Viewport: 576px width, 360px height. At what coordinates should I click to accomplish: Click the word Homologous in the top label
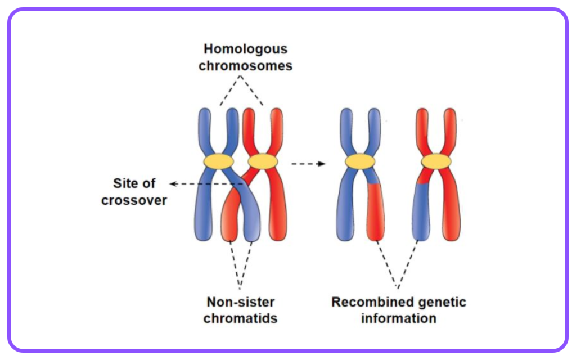(x=245, y=49)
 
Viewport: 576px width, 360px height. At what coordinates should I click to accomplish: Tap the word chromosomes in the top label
(x=245, y=66)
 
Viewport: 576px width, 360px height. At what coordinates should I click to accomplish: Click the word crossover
(x=134, y=200)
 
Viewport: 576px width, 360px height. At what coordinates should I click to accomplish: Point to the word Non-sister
(x=241, y=302)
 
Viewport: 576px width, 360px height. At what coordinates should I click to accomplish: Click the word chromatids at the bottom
(x=241, y=318)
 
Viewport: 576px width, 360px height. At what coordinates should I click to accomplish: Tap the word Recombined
(x=370, y=302)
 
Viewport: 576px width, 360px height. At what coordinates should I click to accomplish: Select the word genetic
(x=439, y=303)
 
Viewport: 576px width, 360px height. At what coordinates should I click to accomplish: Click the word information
(x=399, y=318)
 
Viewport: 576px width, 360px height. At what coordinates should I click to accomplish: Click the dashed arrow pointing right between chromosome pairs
(x=309, y=164)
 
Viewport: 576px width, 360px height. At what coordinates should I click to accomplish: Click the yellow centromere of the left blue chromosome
(x=219, y=161)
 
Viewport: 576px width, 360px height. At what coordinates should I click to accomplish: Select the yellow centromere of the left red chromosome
(x=263, y=161)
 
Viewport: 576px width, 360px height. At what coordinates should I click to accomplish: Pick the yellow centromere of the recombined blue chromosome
(x=360, y=161)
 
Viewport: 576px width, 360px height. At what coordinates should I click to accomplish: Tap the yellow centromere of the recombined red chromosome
(x=436, y=161)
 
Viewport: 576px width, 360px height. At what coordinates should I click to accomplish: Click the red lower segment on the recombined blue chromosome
(x=375, y=211)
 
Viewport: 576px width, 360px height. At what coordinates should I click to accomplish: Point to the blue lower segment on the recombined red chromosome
(x=421, y=212)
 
